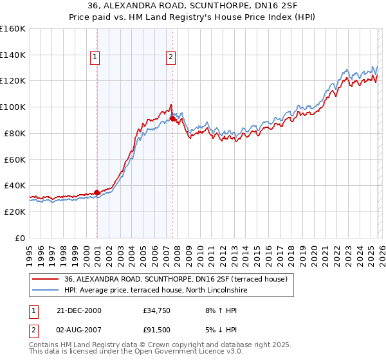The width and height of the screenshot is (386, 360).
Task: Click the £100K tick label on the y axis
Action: pos(13,107)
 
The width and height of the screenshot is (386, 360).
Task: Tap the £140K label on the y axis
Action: pos(13,55)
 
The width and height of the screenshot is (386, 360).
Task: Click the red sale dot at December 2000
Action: pos(97,192)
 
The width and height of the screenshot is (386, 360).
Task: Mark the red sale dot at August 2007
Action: pos(172,118)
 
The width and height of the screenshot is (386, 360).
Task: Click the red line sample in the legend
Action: pos(46,279)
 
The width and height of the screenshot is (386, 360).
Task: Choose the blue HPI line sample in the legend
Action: pos(46,290)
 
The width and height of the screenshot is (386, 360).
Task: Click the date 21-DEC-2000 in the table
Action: pos(78,310)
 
